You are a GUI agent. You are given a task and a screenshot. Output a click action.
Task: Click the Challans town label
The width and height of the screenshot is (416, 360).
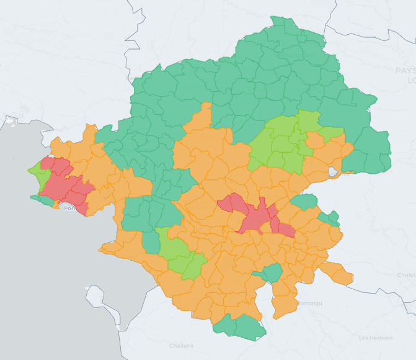coord(181,345)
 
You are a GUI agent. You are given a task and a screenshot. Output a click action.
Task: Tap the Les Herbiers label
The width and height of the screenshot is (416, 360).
coord(376,338)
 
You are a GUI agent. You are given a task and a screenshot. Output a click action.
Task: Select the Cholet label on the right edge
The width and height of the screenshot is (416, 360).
coord(406,274)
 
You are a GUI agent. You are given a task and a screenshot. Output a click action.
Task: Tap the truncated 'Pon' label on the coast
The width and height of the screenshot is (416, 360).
coord(70,209)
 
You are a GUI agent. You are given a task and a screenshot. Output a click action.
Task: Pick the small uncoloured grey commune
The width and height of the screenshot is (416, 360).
coord(334,171)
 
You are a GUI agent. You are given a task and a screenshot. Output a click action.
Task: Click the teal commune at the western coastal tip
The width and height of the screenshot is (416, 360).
coord(43,200)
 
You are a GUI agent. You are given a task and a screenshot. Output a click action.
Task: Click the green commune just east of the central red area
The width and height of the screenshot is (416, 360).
coord(304,201)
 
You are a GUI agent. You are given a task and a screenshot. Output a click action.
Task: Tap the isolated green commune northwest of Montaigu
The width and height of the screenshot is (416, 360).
coord(270,272)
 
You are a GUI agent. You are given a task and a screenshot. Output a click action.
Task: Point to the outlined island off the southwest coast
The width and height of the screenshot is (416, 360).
coord(102,304)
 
